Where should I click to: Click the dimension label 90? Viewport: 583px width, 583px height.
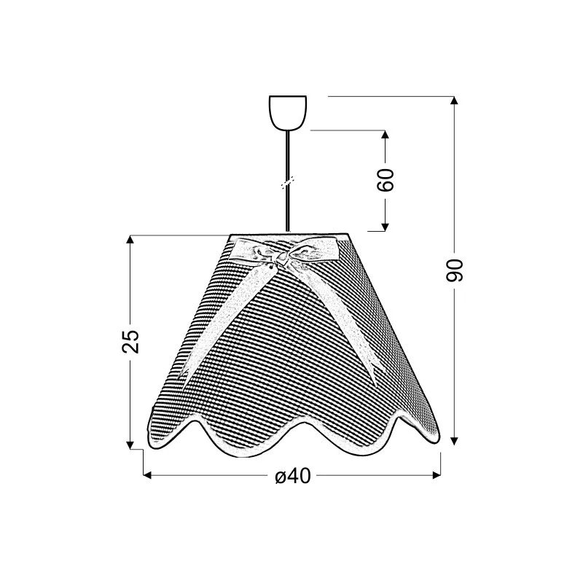click(x=454, y=270)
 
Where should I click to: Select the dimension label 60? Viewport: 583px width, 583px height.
click(x=386, y=180)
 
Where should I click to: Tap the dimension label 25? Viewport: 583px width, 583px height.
click(x=130, y=341)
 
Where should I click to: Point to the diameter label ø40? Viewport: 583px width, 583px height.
click(x=293, y=476)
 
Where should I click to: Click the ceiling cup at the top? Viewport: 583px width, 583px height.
click(x=288, y=113)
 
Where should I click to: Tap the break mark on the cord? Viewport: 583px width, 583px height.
click(x=288, y=183)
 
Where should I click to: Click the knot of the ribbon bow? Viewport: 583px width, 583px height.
click(x=283, y=257)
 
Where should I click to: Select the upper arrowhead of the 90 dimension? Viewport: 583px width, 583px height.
click(x=453, y=101)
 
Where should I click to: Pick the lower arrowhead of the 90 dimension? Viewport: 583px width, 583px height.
click(x=453, y=441)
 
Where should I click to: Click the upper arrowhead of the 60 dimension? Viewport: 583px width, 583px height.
click(x=386, y=135)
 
